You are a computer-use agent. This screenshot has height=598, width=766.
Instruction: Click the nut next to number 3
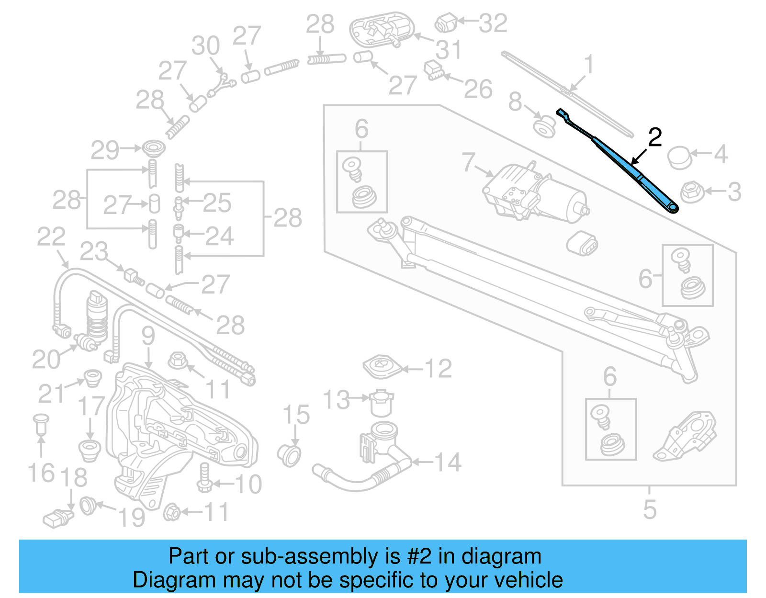coord(691,192)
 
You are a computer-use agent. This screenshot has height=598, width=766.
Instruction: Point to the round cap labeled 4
coord(679,158)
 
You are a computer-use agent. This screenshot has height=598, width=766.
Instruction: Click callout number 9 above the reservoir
coord(148,336)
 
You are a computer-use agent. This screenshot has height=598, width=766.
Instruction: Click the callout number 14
coord(447,463)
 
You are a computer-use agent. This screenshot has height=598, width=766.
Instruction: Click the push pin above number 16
coord(41,424)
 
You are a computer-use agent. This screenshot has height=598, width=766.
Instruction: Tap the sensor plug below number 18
coord(57,519)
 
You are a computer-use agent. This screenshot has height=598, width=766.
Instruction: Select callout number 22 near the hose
coord(51,237)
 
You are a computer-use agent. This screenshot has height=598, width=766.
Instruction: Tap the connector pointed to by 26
coord(434,70)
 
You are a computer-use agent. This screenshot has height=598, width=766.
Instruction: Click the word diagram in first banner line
coord(501,557)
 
